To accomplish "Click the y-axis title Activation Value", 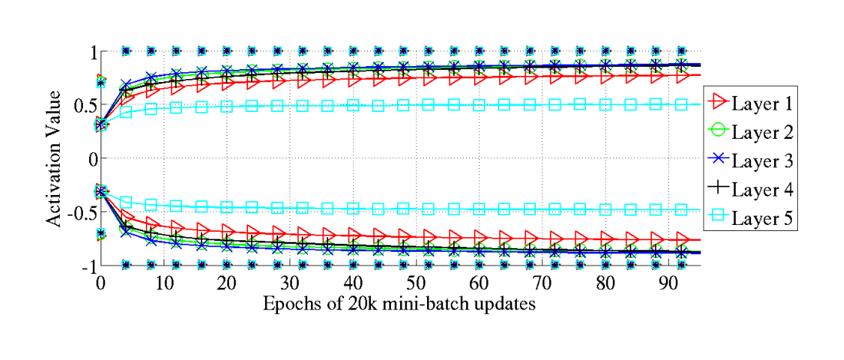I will [54, 158].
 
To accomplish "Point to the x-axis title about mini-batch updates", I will [399, 303].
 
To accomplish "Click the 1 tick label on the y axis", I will [87, 51].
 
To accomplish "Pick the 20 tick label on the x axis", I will [227, 282].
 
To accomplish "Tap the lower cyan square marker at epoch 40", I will [352, 208].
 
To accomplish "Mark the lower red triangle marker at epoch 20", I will [227, 230].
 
